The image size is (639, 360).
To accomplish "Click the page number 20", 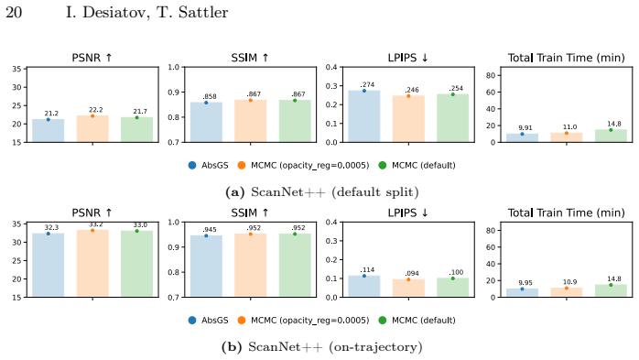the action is [14, 12].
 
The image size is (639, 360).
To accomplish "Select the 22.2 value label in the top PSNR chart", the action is [96, 110].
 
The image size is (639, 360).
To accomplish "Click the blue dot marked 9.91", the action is [522, 134].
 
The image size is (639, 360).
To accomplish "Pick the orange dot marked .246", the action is [408, 96].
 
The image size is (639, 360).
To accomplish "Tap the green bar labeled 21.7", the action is [137, 130].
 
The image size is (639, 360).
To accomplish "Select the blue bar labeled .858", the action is [206, 123].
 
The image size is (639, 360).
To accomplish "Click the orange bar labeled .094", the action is [408, 289].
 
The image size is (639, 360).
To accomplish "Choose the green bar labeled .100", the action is [453, 288].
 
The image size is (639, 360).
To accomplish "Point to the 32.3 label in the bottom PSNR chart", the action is [51, 227].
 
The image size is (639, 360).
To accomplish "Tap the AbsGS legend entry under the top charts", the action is [208, 165].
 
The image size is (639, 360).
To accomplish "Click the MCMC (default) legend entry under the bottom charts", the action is [417, 321].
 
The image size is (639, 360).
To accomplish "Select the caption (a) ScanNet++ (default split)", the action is [322, 192].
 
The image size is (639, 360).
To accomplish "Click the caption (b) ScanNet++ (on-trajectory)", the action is [322, 347].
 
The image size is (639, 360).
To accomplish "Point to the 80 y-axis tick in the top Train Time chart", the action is [491, 75].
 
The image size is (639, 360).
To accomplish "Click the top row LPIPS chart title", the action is [408, 58].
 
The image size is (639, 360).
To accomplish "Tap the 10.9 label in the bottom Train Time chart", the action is [569, 282].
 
